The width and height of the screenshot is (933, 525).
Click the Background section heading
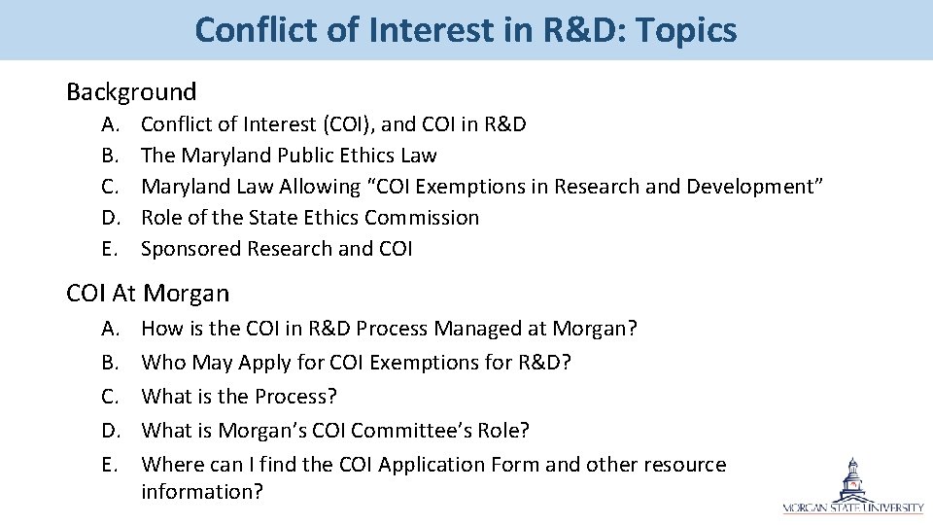click(131, 92)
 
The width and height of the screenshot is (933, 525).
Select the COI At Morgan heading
click(148, 293)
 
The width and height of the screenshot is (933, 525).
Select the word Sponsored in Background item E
click(190, 249)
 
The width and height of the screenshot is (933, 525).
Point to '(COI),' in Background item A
click(348, 124)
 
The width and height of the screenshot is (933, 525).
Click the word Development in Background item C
click(747, 187)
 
